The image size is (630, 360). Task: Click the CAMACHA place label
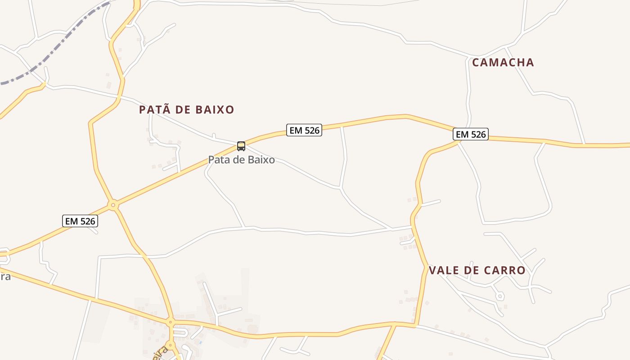(503, 63)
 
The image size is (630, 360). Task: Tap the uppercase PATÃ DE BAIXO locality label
(186, 110)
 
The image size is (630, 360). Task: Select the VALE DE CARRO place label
(477, 270)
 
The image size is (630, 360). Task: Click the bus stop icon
(241, 146)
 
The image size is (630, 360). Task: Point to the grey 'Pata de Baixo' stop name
(241, 160)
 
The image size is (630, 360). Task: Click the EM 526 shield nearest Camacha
(471, 134)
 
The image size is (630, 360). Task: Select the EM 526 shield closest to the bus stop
(304, 130)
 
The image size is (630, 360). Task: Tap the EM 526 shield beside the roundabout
(80, 221)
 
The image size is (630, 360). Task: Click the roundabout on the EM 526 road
(113, 205)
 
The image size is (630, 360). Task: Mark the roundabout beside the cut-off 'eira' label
(170, 346)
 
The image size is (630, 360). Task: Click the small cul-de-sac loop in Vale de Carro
(499, 296)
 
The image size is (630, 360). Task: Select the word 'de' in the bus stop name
(241, 160)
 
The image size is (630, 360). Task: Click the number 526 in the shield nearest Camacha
(477, 134)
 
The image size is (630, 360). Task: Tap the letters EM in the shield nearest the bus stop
(296, 130)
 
